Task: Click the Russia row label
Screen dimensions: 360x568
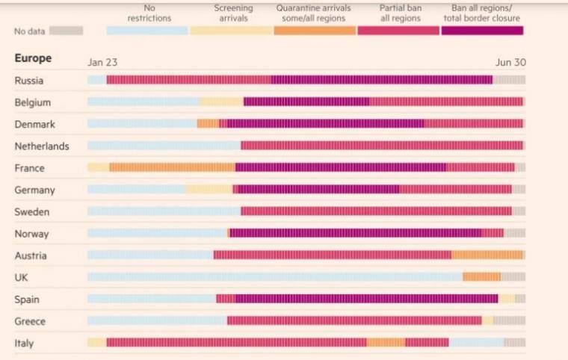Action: coord(28,81)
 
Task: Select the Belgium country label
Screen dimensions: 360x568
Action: coord(32,102)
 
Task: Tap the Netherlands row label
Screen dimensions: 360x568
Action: coord(41,146)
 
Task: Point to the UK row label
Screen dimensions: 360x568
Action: coord(22,277)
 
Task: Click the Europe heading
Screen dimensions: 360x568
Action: coord(33,58)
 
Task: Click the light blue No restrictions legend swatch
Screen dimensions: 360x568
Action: coord(147,31)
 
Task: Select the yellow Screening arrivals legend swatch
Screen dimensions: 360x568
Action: coord(231,31)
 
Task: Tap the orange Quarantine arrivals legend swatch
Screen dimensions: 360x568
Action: coord(315,31)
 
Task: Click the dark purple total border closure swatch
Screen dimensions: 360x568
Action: coord(482,31)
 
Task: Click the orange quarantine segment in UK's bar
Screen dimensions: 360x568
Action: coord(481,277)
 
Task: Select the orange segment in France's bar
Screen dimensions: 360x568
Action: coord(172,168)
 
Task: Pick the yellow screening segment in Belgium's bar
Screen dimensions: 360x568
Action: coord(221,102)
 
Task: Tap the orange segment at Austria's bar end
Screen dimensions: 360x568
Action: coord(487,255)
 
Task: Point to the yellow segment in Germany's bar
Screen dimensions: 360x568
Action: coord(209,190)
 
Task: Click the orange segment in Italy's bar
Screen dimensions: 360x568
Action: coord(386,343)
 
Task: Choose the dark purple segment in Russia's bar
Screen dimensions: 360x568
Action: coord(381,81)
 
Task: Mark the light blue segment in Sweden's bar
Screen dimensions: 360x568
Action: coord(164,212)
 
